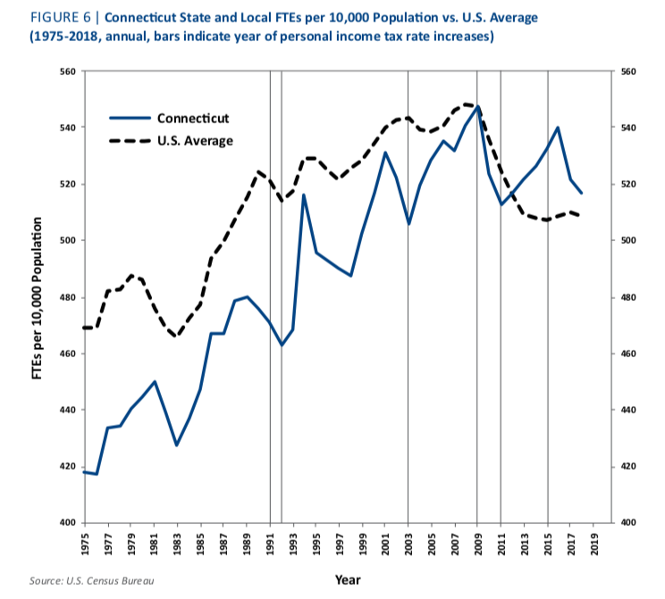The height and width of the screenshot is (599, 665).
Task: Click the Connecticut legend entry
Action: (193, 118)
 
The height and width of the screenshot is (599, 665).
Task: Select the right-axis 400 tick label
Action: (627, 523)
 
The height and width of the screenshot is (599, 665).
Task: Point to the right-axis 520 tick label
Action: (627, 185)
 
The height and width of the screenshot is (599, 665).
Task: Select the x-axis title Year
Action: (347, 579)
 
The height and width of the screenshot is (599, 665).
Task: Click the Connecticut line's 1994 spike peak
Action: (305, 195)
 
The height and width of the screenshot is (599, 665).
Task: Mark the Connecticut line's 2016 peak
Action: (559, 127)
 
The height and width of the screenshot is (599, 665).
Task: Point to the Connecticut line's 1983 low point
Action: (177, 445)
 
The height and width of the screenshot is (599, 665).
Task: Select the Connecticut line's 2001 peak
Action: (385, 153)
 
